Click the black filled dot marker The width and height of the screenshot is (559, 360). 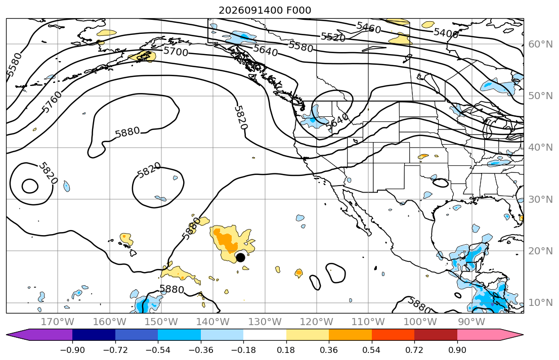[241, 257]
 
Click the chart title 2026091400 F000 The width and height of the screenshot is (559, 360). [265, 10]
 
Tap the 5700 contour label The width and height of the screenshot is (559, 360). [176, 52]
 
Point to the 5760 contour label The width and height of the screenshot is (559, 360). [52, 102]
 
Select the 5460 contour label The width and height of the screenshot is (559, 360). [369, 27]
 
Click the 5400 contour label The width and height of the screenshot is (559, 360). [446, 33]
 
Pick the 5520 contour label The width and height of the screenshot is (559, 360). [333, 37]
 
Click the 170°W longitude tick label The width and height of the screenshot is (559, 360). [58, 322]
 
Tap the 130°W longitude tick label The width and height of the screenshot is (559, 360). [265, 322]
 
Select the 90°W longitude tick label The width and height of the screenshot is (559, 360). [471, 322]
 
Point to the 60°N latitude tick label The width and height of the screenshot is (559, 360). [540, 44]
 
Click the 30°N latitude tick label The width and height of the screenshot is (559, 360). [540, 199]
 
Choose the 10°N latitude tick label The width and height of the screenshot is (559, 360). [540, 303]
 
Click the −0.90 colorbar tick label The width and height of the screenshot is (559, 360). [72, 350]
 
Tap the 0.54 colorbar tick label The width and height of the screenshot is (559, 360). [371, 350]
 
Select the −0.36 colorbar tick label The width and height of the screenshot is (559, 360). [201, 350]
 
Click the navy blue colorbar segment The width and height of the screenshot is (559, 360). [94, 335]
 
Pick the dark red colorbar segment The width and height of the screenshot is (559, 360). [436, 335]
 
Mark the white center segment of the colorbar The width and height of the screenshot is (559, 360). [265, 335]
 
